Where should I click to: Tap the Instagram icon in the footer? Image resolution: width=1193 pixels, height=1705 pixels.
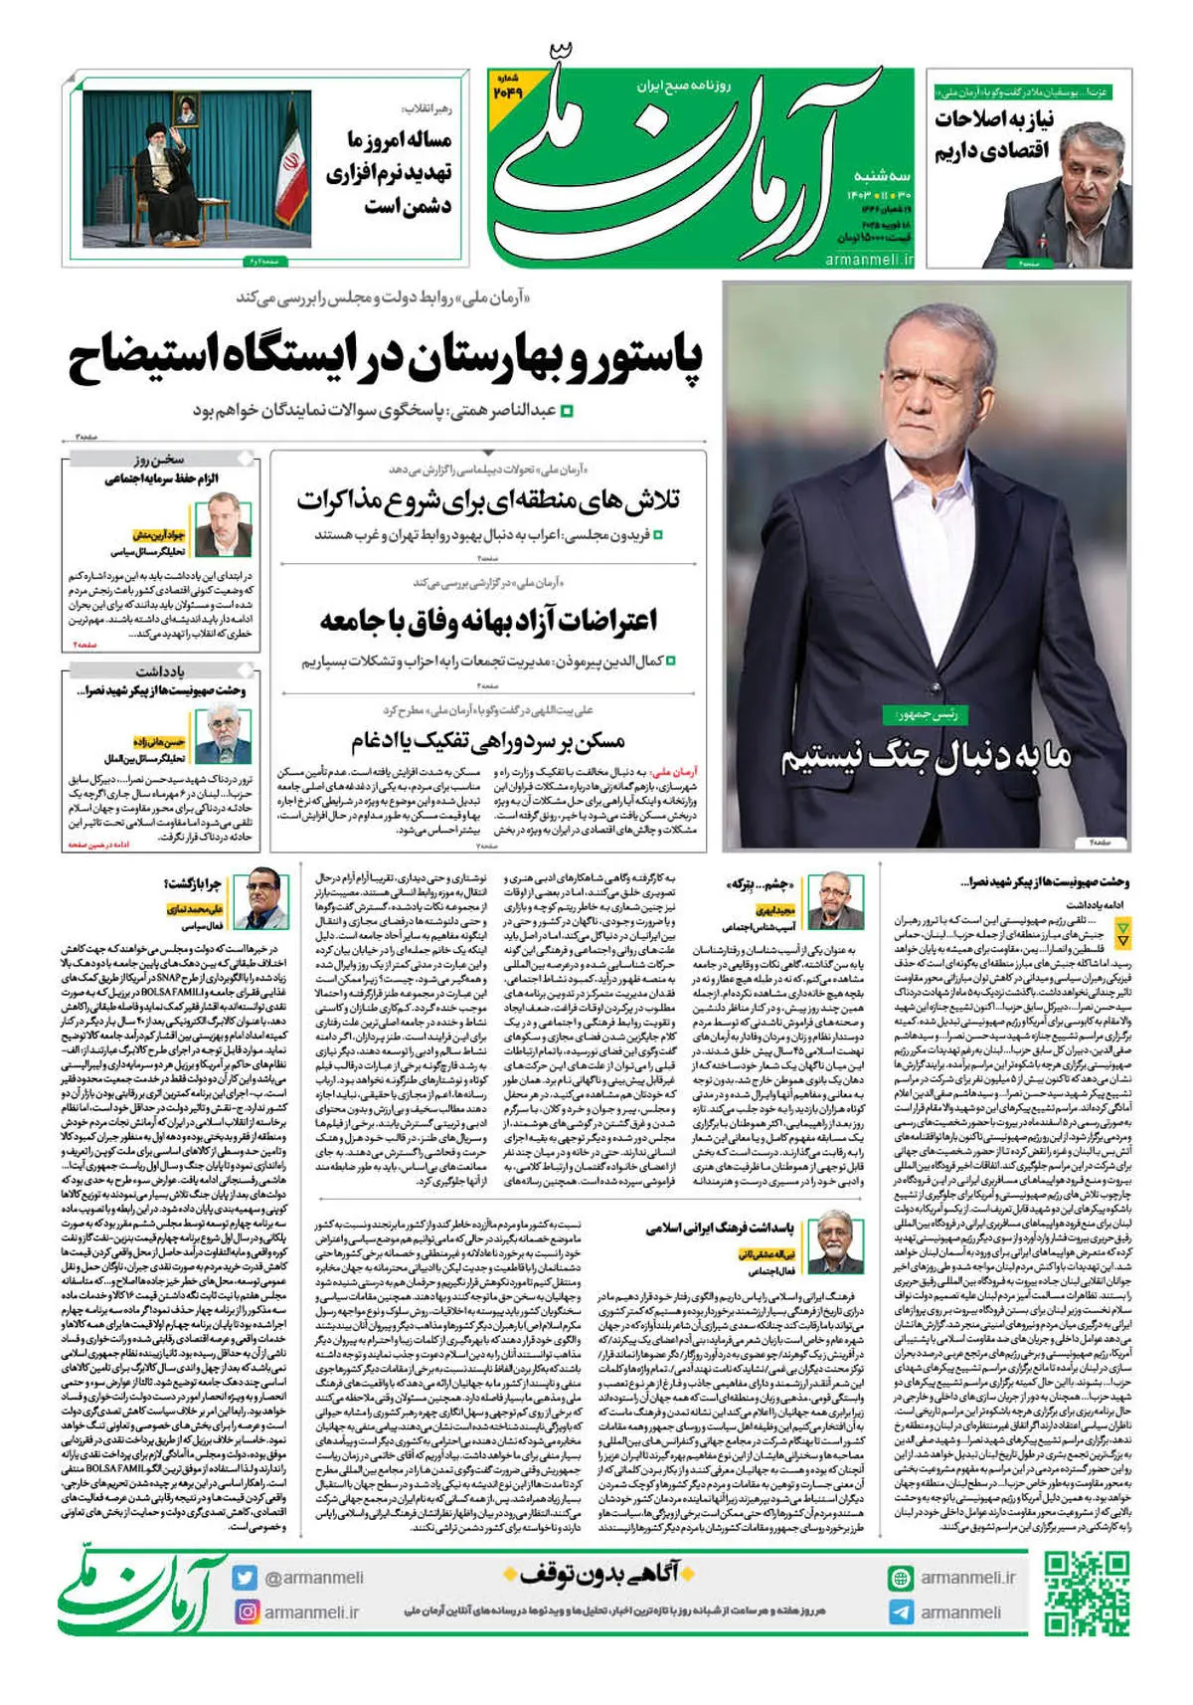click(246, 1611)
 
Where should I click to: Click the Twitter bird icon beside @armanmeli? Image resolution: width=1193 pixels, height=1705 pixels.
click(246, 1578)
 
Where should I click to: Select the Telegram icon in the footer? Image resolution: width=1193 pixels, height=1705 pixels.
click(901, 1612)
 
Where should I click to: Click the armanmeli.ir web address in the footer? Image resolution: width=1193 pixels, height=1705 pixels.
click(967, 1578)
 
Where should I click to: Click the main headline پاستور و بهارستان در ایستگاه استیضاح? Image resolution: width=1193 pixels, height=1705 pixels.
click(385, 360)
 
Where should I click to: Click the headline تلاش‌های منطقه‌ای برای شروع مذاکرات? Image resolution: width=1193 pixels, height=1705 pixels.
click(488, 500)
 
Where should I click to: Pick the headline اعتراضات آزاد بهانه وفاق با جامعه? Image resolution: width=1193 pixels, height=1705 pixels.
click(488, 622)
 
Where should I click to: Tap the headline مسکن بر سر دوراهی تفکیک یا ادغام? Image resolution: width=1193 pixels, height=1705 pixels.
click(488, 741)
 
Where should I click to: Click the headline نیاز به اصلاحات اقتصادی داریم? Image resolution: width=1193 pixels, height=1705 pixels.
click(994, 135)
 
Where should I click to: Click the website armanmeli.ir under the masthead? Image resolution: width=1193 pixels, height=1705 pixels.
click(869, 259)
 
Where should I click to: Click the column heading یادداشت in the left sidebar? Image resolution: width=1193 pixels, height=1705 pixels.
click(160, 671)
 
